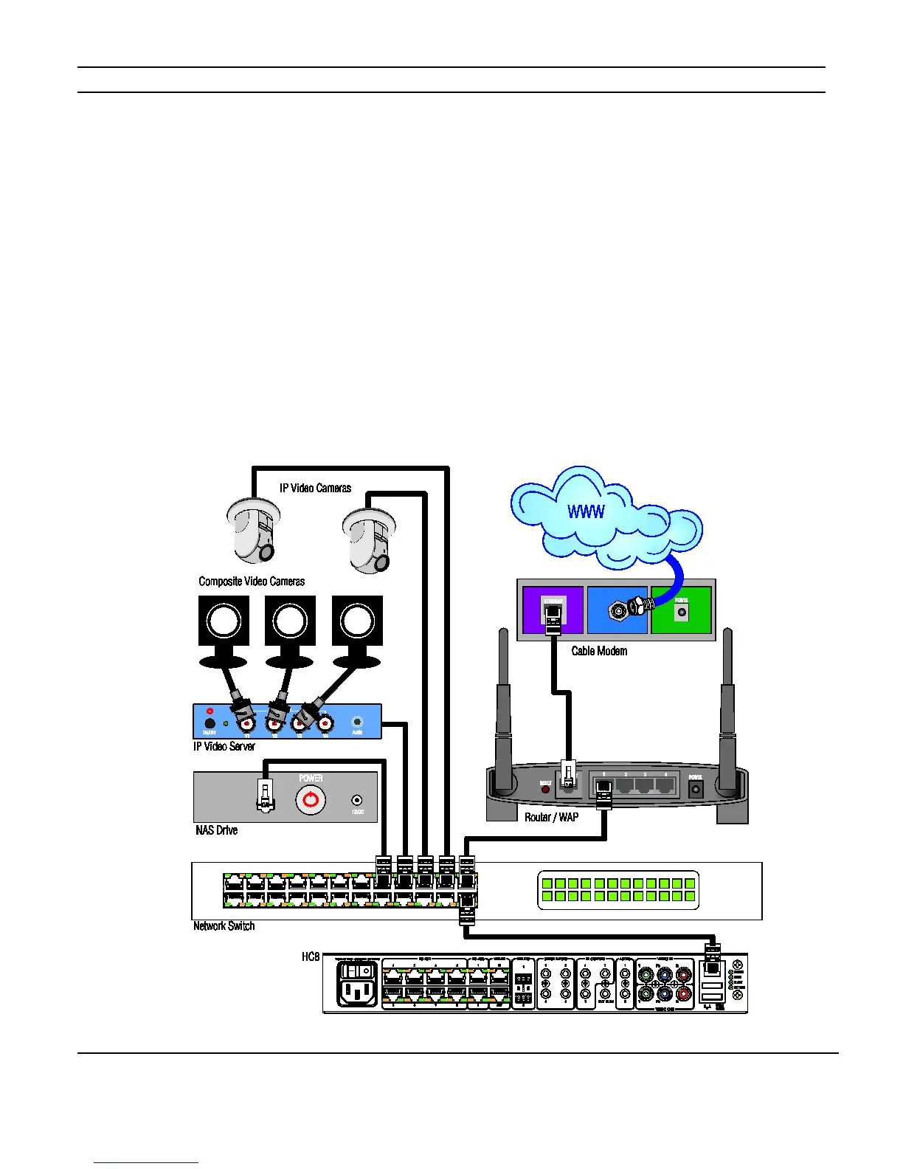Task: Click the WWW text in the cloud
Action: (x=586, y=511)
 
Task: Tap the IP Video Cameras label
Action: (x=315, y=488)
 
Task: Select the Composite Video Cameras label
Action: (x=252, y=582)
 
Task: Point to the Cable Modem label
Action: (x=599, y=651)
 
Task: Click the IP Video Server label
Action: (x=224, y=746)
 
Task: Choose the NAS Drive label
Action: (x=216, y=830)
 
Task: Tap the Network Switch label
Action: (x=224, y=925)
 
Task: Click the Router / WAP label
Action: (x=551, y=817)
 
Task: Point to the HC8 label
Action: (x=311, y=956)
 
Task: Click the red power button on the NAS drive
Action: (x=311, y=800)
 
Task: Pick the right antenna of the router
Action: (x=728, y=708)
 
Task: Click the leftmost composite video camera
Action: (x=224, y=627)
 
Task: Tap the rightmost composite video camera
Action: (x=357, y=627)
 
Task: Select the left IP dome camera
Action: (x=253, y=530)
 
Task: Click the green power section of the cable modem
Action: (x=681, y=610)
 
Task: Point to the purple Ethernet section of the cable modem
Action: (x=553, y=610)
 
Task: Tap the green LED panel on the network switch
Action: (x=617, y=889)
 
